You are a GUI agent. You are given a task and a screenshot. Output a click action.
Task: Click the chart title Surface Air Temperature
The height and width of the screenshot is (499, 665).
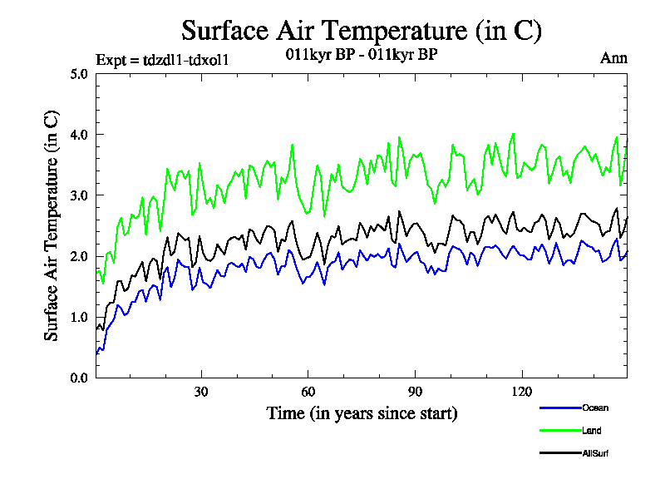362,31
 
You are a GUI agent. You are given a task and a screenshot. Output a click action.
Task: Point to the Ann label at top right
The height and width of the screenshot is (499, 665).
613,57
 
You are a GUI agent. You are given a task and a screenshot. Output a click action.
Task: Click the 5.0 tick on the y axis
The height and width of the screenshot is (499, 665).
79,73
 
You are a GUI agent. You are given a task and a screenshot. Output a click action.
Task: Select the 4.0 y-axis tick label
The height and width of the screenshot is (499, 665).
79,134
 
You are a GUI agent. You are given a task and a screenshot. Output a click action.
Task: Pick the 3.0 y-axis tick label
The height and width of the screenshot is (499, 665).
79,195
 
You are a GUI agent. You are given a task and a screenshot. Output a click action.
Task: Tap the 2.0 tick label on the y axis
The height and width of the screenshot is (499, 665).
79,256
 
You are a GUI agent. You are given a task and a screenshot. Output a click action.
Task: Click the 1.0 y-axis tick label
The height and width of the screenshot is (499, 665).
79,317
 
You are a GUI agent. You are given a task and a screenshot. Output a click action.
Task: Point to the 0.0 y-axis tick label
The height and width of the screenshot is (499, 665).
79,378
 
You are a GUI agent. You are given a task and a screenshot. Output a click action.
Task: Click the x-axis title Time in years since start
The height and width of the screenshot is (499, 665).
362,413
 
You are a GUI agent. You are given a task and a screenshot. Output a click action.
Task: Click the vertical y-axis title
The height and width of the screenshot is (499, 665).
52,225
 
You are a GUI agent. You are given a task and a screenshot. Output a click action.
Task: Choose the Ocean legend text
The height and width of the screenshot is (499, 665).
595,408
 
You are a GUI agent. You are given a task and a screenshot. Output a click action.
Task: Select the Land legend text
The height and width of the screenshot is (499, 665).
592,430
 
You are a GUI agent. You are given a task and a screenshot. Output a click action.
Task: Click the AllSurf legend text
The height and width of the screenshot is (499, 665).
596,453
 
